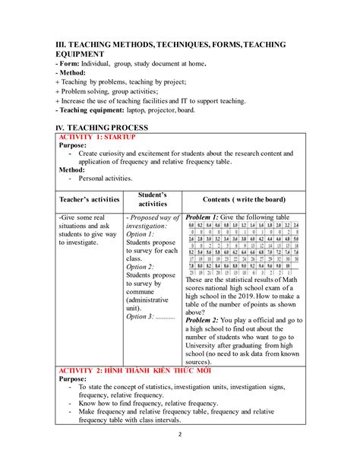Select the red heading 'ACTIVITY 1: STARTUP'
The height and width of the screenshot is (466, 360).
coord(97,136)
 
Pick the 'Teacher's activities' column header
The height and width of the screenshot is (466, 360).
coord(89,199)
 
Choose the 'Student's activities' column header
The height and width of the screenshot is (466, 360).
coord(152,199)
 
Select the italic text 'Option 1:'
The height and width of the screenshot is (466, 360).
coord(142,234)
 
